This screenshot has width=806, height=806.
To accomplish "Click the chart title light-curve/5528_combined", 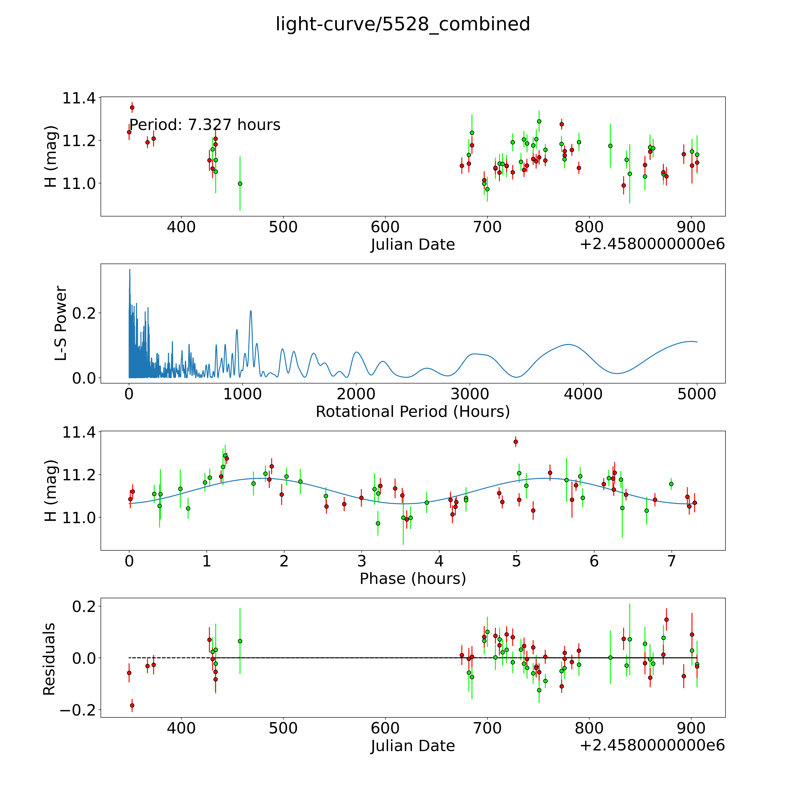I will coord(403,24).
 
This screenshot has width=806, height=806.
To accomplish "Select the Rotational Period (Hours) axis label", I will coord(413,412).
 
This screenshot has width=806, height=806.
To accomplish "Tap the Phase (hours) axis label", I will coord(413,579).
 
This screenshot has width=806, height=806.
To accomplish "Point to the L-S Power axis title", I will coord(61,323).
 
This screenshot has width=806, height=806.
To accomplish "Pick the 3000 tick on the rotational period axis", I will coord(470,394).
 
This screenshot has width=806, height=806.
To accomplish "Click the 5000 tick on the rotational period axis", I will coord(697,394).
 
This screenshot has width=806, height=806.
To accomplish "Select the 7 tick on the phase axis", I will coord(671,561).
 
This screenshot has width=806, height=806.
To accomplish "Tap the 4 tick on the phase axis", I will coord(439,561).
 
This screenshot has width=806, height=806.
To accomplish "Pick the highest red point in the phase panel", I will coord(516,441).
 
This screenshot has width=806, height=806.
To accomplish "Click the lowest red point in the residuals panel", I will coord(132,705).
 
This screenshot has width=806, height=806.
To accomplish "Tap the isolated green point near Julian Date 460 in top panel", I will coord(240,184).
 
